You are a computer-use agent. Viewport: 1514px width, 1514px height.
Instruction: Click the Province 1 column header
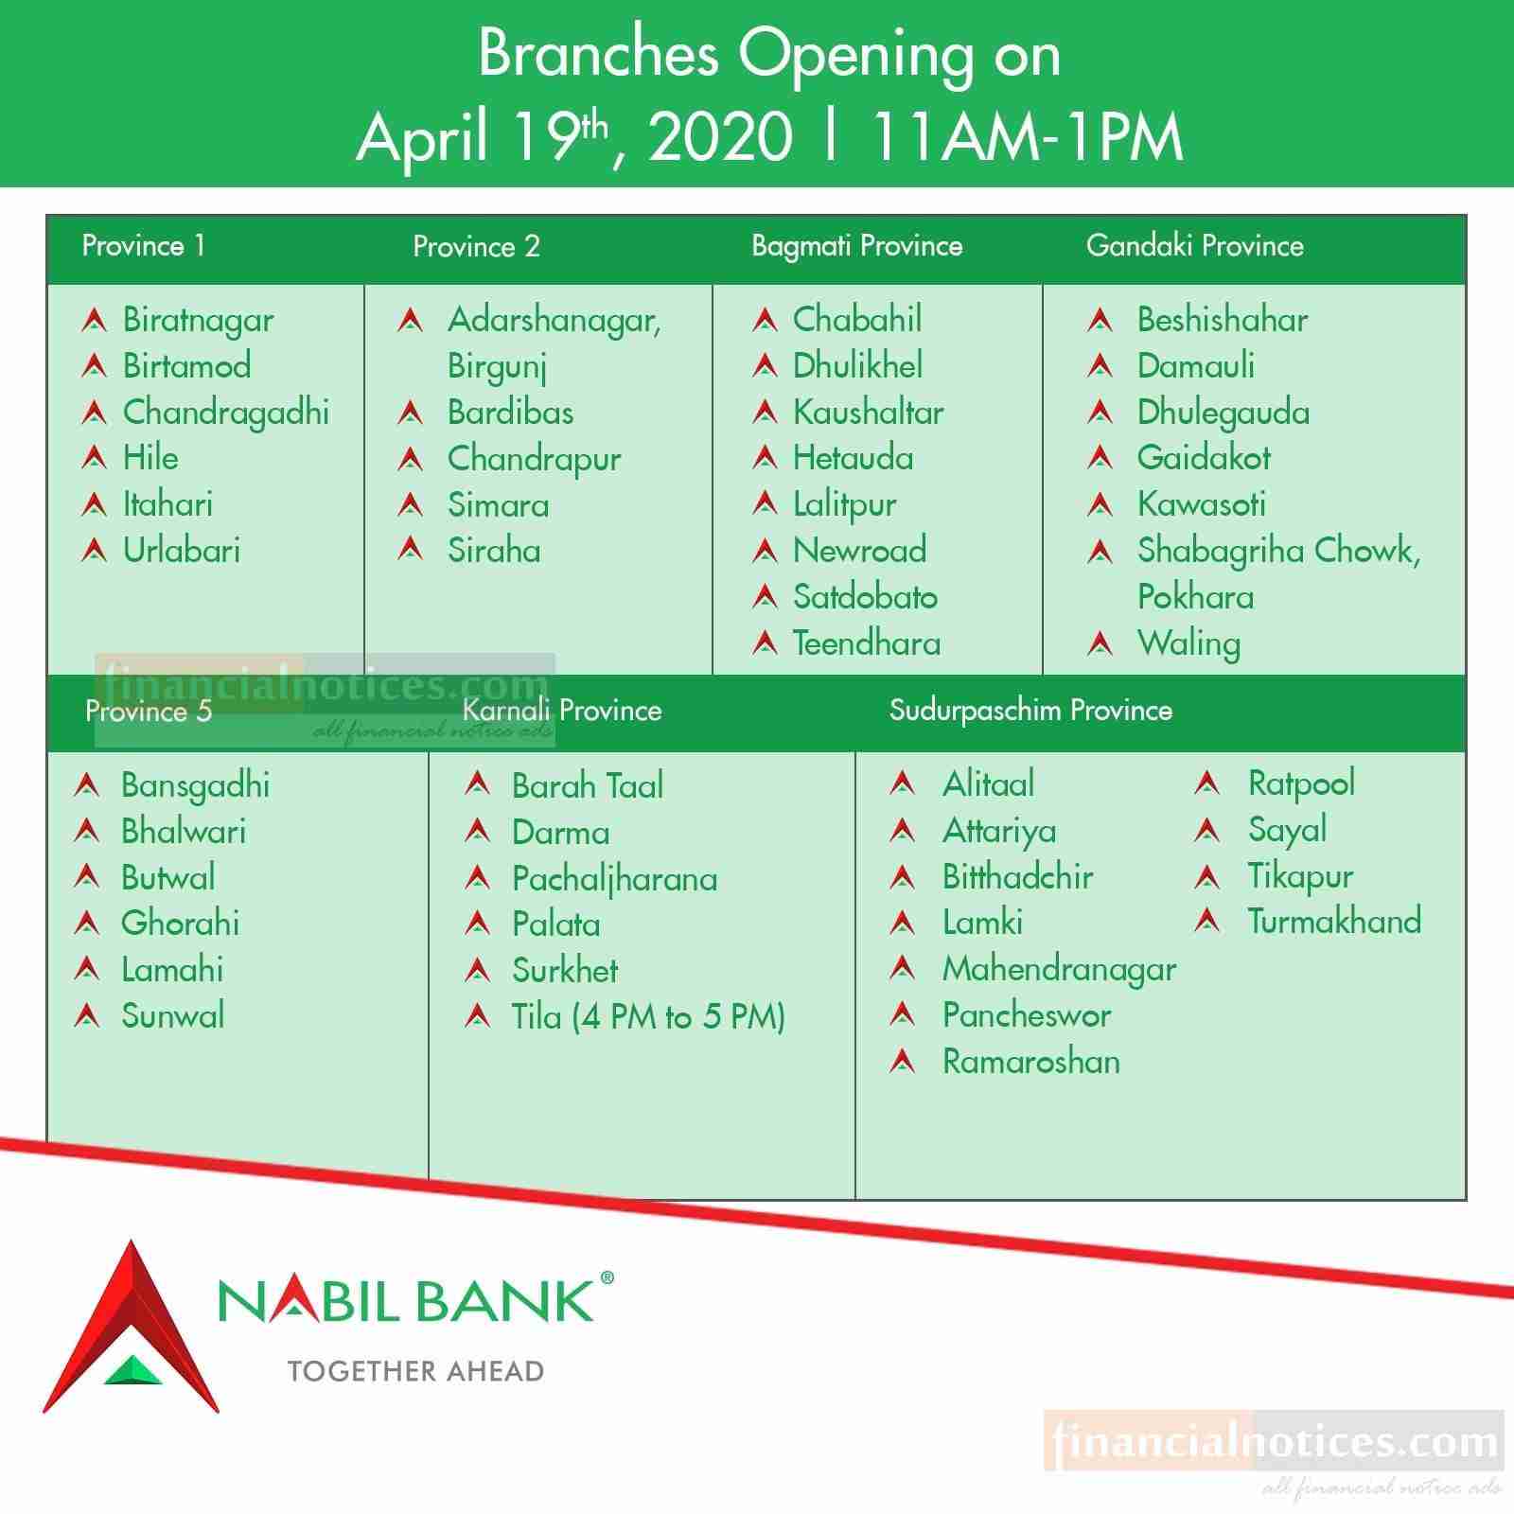pos(144,246)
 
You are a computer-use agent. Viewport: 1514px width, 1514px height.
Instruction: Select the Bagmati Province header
pos(857,246)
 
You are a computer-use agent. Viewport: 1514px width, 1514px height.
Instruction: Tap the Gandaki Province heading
pos(1195,246)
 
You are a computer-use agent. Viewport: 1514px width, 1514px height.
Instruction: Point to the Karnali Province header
pos(562,710)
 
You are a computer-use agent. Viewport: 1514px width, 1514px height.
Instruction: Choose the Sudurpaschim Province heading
pos(1030,710)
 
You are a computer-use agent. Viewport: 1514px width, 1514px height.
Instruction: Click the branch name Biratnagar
pos(199,321)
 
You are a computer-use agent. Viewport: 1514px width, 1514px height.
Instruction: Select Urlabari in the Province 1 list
pos(182,551)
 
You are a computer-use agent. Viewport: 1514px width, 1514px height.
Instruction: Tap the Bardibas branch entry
pos(511,413)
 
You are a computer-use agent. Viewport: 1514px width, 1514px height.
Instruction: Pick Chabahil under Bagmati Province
pos(857,320)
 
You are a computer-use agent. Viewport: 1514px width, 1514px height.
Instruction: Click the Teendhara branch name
pos(867,643)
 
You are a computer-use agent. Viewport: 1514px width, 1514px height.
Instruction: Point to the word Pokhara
pos(1196,597)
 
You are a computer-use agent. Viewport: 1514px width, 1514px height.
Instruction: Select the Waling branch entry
pos(1189,644)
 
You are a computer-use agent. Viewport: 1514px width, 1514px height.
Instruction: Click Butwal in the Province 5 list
pos(168,877)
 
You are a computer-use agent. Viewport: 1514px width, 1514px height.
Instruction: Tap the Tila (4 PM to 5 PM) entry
pos(649,1017)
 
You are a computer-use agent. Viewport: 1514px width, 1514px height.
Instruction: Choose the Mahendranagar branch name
pos(1060,970)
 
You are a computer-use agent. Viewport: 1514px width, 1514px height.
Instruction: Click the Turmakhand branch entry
pos(1334,921)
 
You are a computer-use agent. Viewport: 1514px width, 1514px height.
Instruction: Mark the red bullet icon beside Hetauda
pos(765,458)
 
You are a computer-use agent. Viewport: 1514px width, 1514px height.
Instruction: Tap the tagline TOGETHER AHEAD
pos(415,1371)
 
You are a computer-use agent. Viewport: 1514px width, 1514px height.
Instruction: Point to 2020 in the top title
pos(721,137)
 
